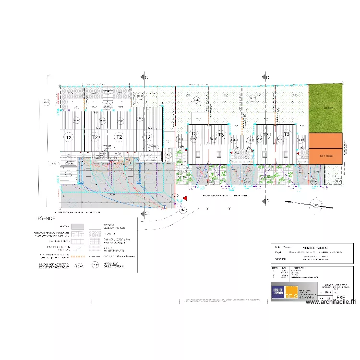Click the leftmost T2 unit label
coord(69,138)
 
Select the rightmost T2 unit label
coord(119,138)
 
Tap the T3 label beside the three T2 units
coord(147,138)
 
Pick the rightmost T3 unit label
coord(287,134)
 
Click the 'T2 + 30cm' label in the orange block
coord(325,156)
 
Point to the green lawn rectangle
coord(325,108)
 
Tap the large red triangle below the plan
coord(185,198)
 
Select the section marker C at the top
coord(144,77)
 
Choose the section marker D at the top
coord(265,77)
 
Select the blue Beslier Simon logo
coord(278,292)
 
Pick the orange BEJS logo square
coord(291,293)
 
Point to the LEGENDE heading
coord(47,218)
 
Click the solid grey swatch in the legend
coord(77,226)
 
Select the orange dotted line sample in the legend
coord(77,256)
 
